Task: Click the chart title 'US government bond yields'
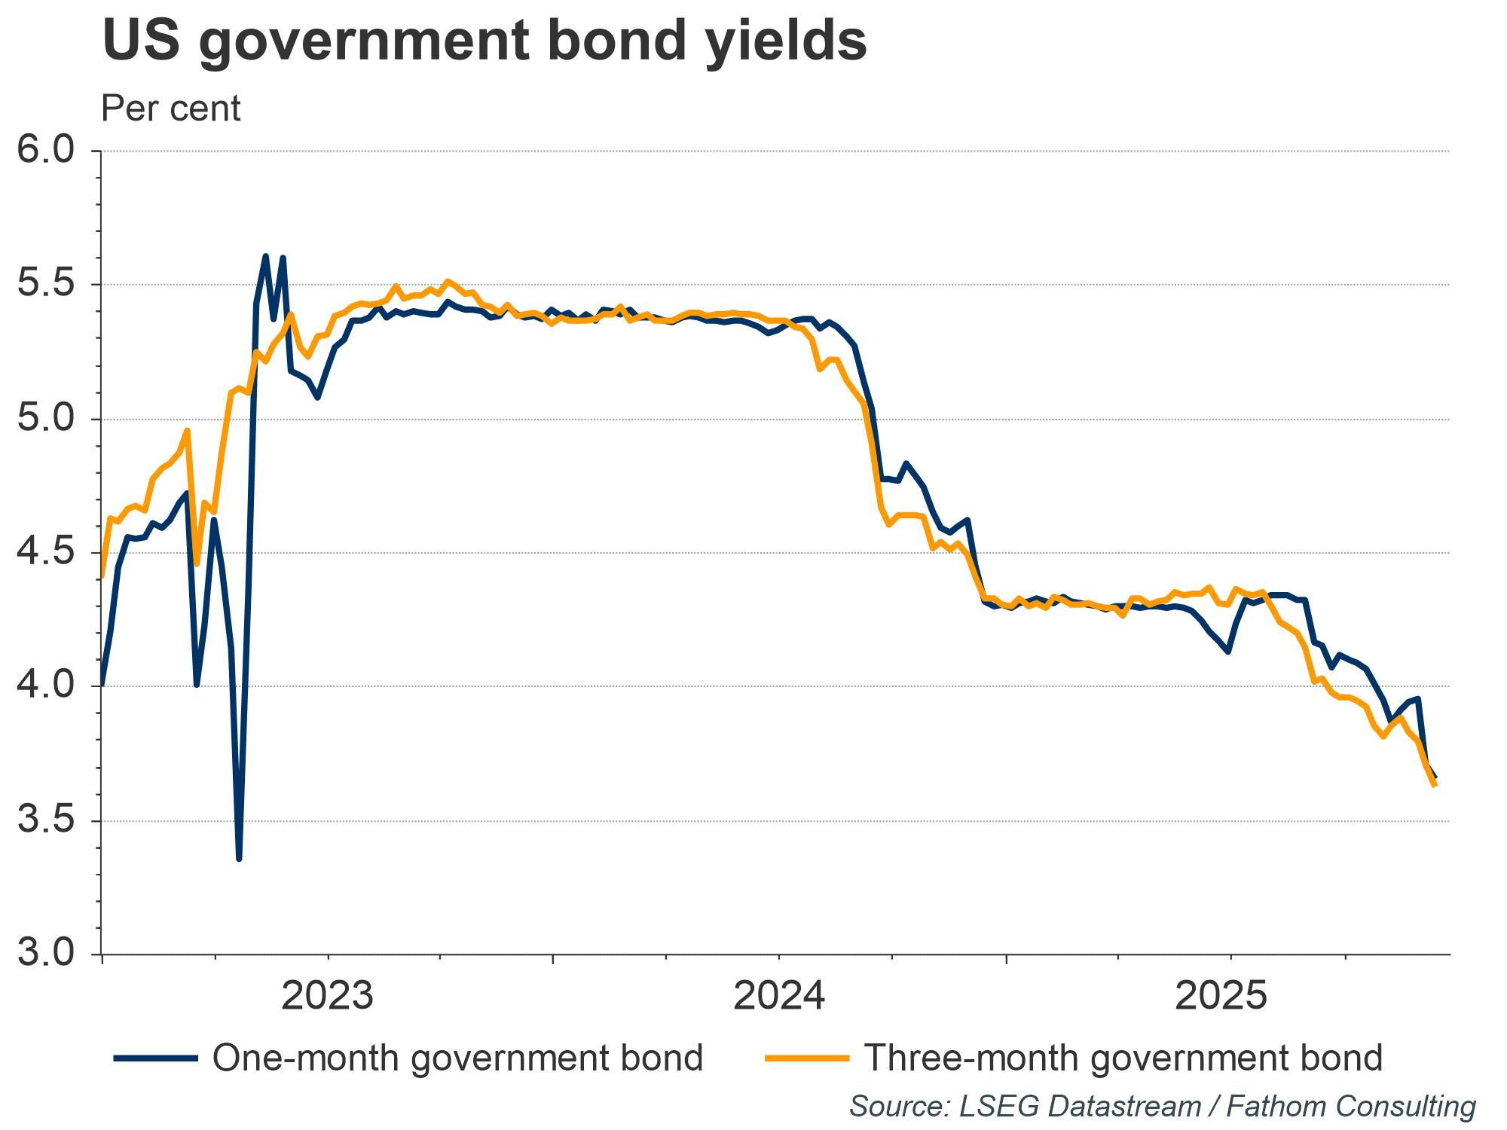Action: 485,42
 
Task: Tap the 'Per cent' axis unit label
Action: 170,108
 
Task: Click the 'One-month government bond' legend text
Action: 457,1058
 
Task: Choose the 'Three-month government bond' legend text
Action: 1123,1058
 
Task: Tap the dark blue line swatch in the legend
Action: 156,1058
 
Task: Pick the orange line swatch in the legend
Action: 807,1058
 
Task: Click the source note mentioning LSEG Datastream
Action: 1163,1106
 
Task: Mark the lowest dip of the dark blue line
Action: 239,858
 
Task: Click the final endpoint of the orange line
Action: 1435,786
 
